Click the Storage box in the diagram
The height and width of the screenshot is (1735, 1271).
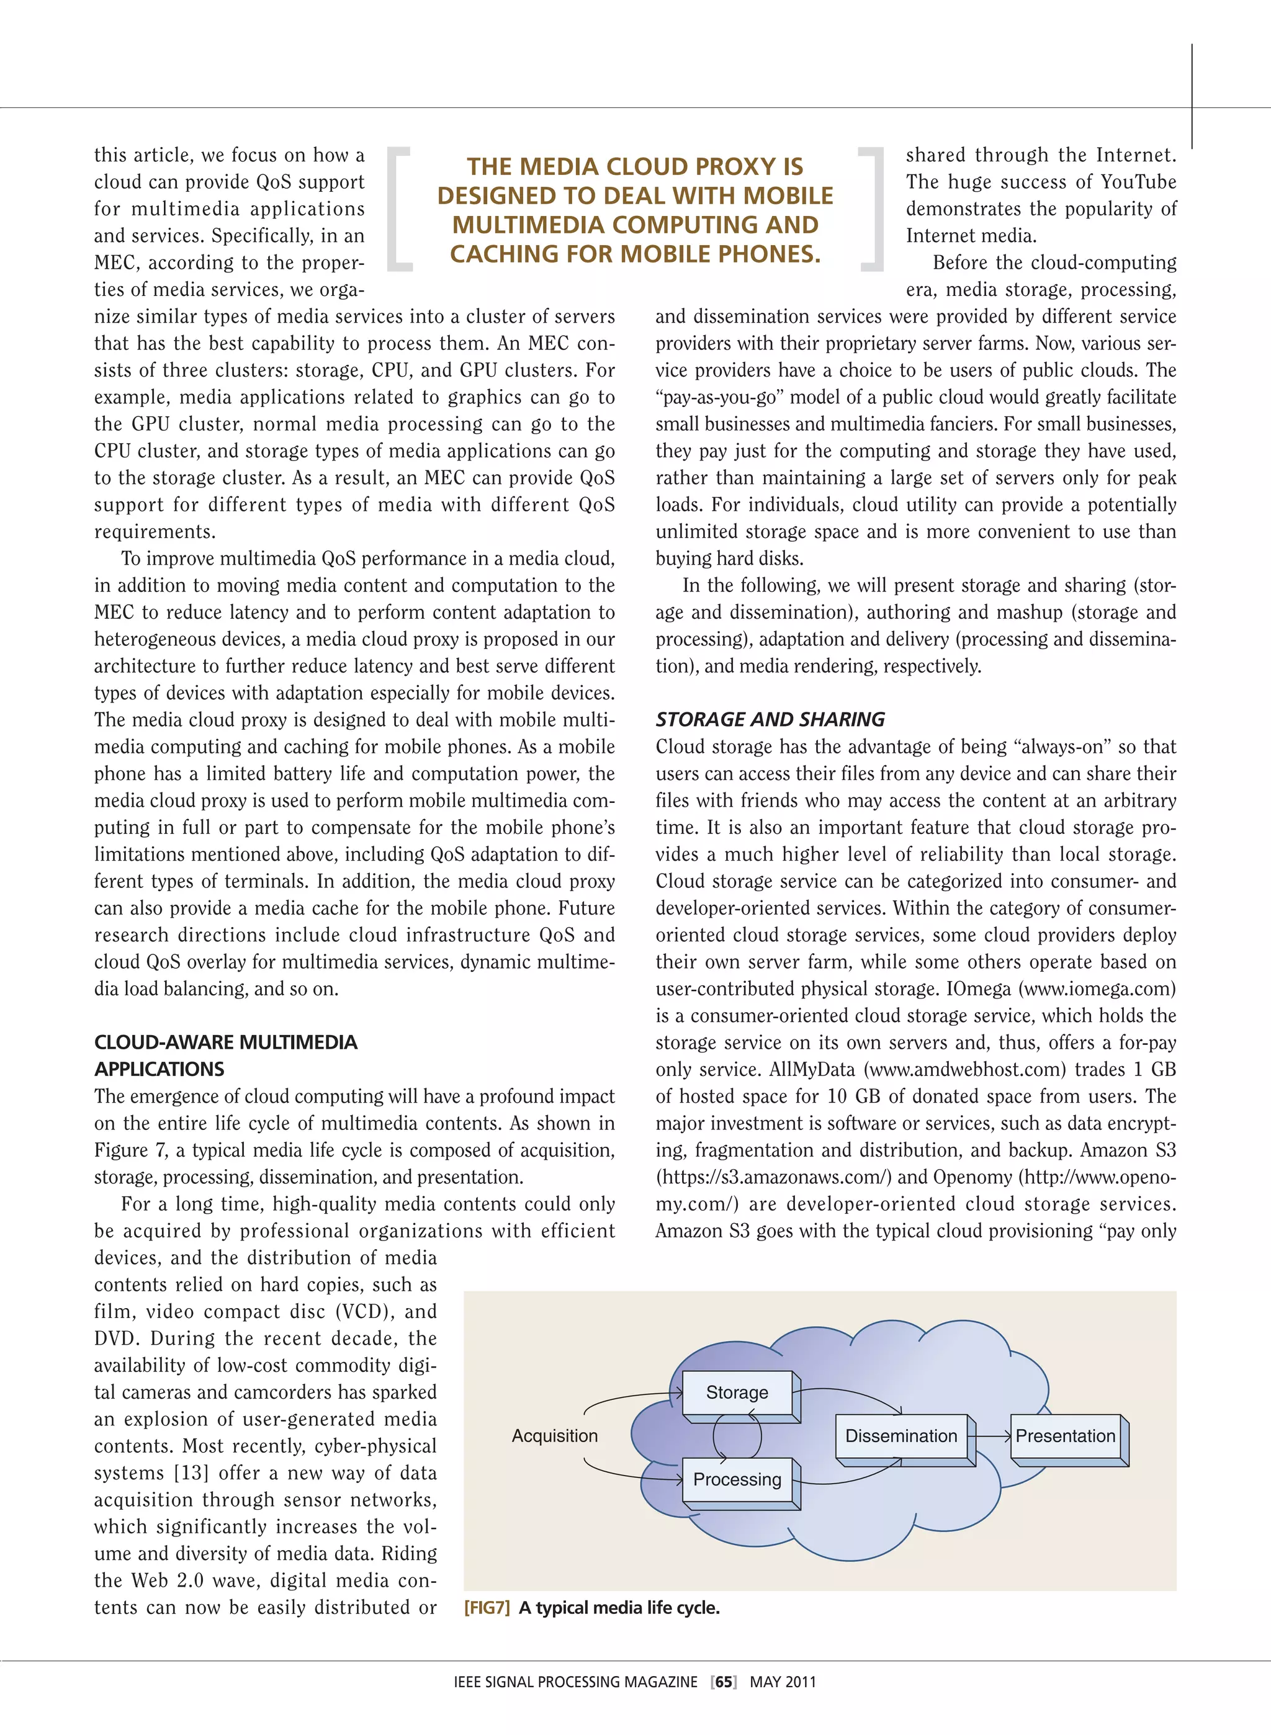point(737,1392)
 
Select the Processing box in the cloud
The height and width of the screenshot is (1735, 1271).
point(737,1480)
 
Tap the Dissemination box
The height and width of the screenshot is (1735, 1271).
point(901,1436)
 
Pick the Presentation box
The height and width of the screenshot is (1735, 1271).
point(1065,1436)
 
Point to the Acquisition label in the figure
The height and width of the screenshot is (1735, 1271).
point(555,1436)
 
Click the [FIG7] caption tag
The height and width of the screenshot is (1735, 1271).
point(487,1608)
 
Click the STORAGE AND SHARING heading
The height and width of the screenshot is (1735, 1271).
point(770,720)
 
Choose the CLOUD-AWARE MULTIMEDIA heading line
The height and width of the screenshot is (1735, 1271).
point(225,1043)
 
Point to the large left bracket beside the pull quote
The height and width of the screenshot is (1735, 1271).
point(398,209)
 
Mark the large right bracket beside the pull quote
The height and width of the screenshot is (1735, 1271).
point(873,209)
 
